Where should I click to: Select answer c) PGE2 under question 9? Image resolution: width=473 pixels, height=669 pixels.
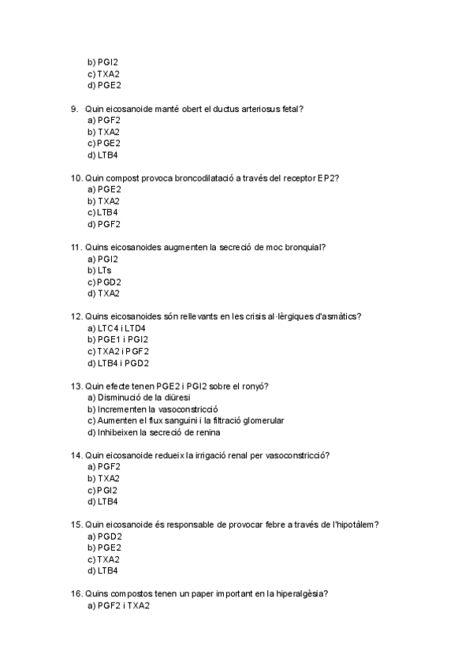tap(104, 143)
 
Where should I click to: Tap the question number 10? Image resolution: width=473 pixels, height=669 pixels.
tap(76, 178)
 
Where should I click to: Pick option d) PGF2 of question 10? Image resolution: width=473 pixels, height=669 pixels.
tap(104, 224)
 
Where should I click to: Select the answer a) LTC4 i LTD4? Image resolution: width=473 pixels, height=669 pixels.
tap(117, 328)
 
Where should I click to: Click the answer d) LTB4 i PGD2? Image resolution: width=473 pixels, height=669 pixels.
tap(118, 363)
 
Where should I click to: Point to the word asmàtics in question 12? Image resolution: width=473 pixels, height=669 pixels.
tap(337, 316)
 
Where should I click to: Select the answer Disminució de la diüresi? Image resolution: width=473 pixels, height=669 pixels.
tap(140, 398)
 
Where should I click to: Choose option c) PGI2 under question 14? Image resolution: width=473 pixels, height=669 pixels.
tap(102, 490)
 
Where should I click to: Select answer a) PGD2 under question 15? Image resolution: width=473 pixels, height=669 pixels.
tap(104, 536)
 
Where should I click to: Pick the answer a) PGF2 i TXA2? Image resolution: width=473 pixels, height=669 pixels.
tap(118, 606)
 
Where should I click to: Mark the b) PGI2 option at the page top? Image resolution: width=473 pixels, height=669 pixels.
tap(102, 62)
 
